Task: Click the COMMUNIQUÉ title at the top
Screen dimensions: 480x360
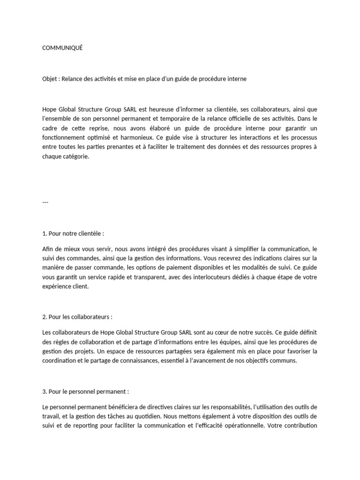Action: coord(62,48)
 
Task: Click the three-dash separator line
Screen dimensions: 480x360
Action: coord(45,202)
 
